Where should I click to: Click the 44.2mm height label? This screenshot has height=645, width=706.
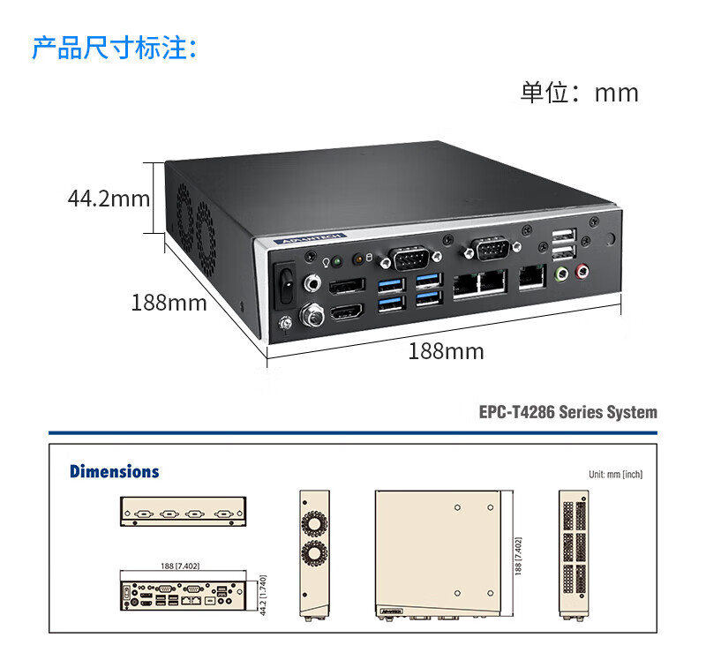point(109,199)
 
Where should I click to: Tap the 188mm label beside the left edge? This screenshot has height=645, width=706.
point(169,303)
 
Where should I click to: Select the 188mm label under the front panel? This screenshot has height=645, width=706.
point(446,351)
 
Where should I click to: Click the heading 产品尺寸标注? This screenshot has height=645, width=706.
point(115,48)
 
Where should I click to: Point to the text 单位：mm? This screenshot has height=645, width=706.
point(579,93)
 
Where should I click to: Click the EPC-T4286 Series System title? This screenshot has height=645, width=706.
point(567,412)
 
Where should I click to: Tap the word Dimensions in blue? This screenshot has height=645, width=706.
point(115,471)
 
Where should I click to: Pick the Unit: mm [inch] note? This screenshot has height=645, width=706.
point(615,475)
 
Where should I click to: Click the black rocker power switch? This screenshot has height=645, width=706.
point(283,279)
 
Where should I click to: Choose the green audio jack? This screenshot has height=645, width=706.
point(560,274)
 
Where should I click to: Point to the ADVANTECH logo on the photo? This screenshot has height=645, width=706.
point(302,239)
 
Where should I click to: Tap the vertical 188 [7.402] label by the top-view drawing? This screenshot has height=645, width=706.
point(518,554)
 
